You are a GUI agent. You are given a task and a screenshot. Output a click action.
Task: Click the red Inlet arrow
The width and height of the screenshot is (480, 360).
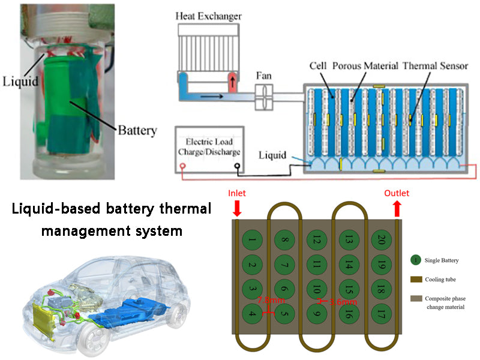(x=237, y=208)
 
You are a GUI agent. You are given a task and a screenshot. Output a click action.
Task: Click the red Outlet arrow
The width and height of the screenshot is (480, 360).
(x=397, y=208)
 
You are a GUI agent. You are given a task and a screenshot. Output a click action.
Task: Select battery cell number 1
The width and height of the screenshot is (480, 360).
(x=253, y=242)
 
